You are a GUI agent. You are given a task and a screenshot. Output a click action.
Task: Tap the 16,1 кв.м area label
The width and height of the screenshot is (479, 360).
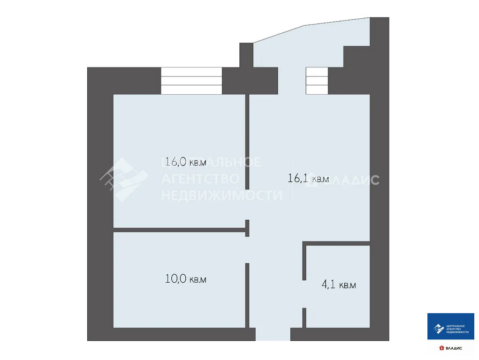(308, 178)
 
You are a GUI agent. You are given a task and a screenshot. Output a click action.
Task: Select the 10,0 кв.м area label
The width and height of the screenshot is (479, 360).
(185, 279)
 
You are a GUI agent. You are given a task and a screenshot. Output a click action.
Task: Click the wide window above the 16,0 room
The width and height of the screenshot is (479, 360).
(191, 81)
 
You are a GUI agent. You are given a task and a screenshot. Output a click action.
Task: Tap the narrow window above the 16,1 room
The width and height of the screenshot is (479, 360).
(317, 81)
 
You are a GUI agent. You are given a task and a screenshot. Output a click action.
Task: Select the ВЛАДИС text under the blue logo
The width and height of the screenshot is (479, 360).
(453, 348)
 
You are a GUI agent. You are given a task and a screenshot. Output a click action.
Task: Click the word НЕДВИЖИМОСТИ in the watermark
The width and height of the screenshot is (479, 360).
(222, 195)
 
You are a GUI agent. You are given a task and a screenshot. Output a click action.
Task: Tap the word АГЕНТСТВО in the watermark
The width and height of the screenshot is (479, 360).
(201, 179)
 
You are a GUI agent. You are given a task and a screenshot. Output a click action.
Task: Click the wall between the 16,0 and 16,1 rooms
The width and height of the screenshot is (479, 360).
(247, 141)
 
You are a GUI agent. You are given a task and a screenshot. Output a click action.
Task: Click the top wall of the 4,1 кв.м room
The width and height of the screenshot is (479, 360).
(337, 243)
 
